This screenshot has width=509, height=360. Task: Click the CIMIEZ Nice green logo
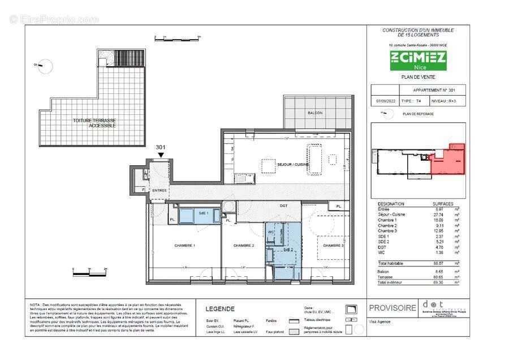click(x=417, y=59)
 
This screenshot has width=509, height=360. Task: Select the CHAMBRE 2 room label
click(x=244, y=246)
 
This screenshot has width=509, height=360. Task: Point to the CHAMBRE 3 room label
click(x=333, y=246)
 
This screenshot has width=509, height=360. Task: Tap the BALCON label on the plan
click(x=315, y=113)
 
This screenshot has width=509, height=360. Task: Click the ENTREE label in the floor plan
click(x=159, y=190)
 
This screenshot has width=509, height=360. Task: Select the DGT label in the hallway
click(x=283, y=206)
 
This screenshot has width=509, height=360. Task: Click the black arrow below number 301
click(x=161, y=155)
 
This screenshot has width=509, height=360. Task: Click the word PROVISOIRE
click(x=392, y=308)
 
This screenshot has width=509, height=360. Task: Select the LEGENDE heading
click(x=220, y=308)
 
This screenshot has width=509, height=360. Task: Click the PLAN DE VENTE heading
click(x=418, y=78)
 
